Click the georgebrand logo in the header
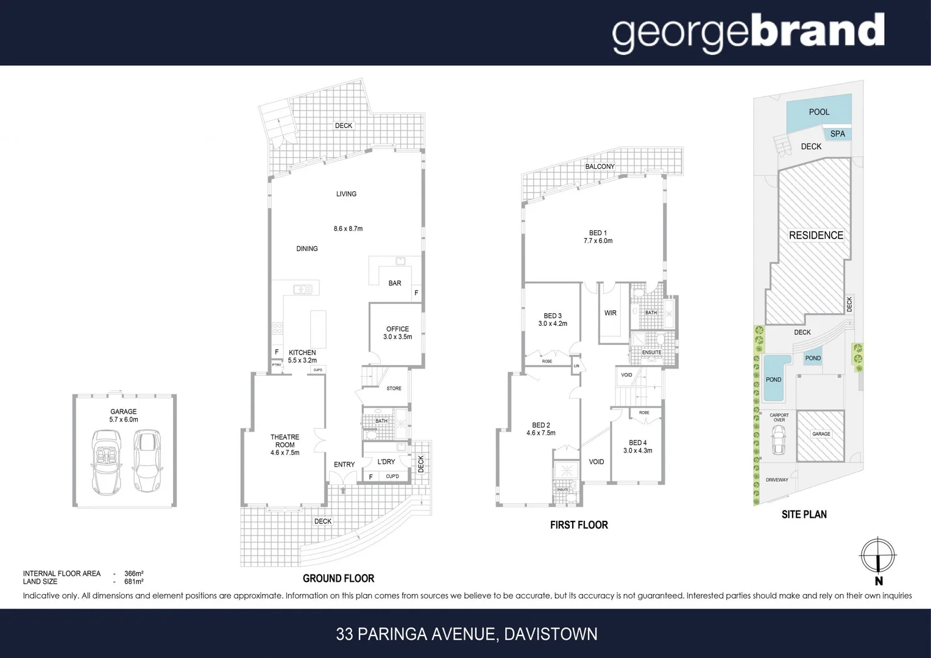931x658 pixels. tap(748, 33)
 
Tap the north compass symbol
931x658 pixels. tap(877, 556)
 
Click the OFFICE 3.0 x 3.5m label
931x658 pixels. tap(397, 333)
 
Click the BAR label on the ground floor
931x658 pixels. tap(395, 283)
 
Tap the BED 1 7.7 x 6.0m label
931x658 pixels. tap(598, 237)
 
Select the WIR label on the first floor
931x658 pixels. tap(610, 313)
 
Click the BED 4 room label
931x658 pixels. tap(637, 447)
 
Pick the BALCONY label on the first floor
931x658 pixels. tap(600, 166)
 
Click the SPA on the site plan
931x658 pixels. tap(837, 134)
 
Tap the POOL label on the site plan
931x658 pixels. tap(819, 112)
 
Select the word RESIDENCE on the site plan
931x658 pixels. tap(816, 236)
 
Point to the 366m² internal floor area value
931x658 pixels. tap(133, 573)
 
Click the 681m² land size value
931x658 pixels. tap(133, 582)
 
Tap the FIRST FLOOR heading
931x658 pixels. tap(579, 525)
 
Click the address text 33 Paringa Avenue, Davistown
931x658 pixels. tap(466, 634)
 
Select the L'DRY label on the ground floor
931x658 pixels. tap(386, 462)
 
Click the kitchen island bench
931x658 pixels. tap(318, 328)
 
